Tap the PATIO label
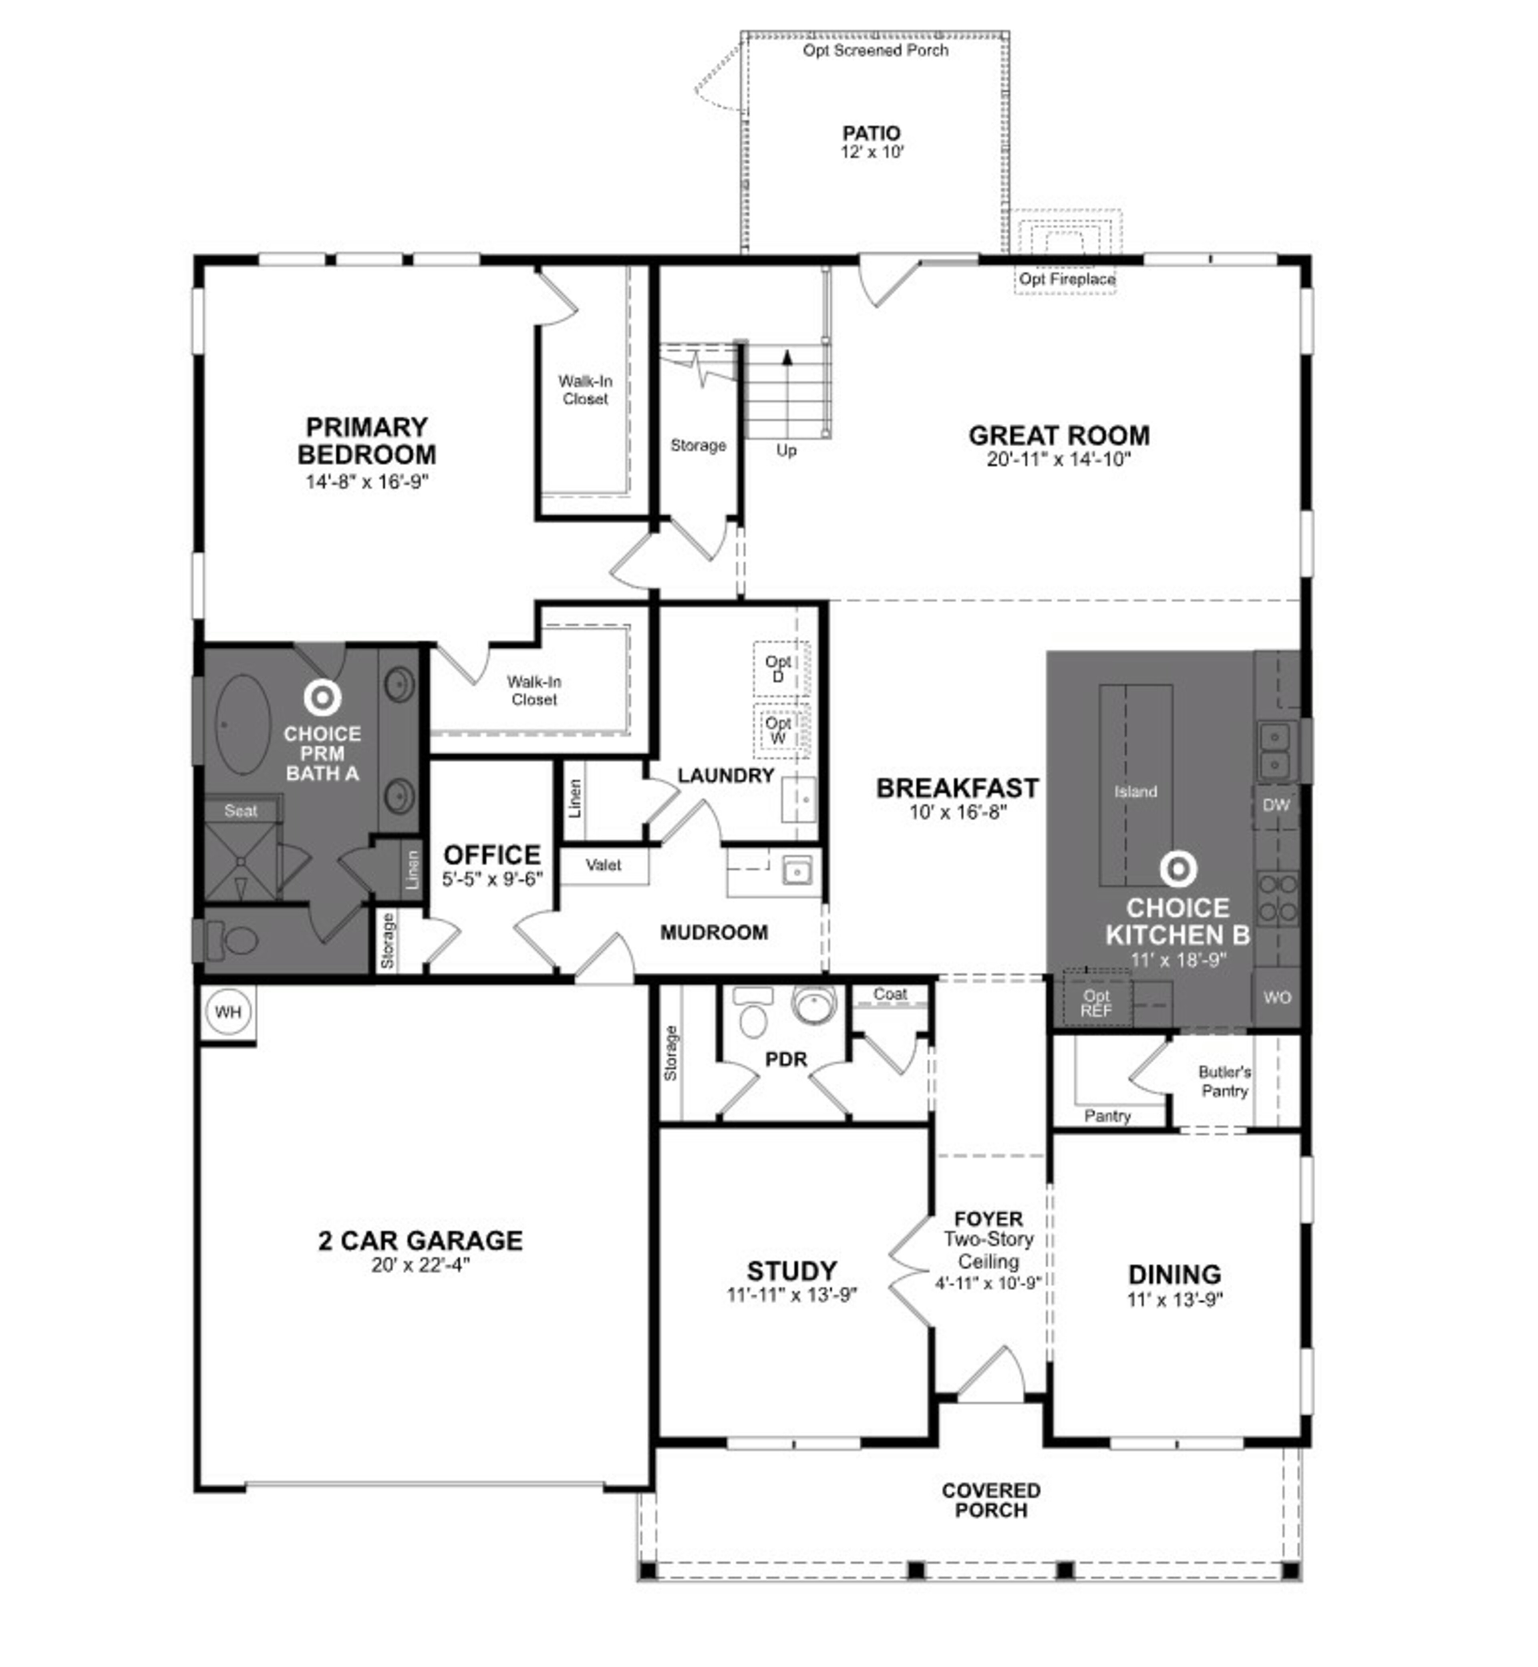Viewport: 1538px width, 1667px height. pos(872,133)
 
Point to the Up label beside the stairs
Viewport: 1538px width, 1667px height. pos(787,450)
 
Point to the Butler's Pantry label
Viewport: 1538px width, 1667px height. pos(1224,1081)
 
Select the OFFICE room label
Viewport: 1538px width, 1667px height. pos(492,855)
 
